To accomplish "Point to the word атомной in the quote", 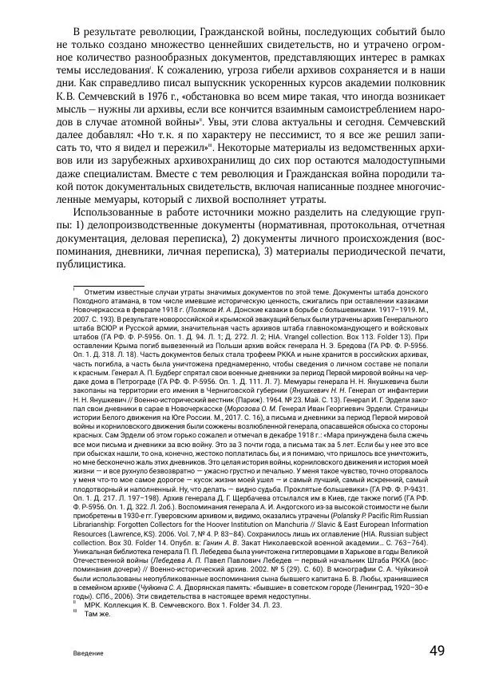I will pyautogui.click(x=139, y=124).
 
